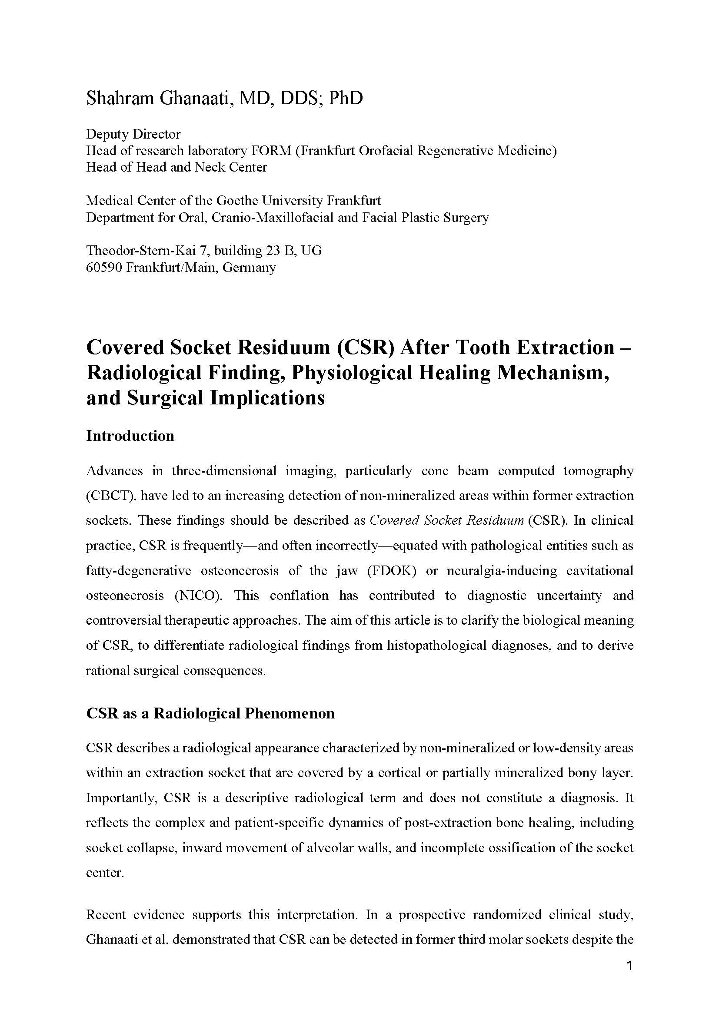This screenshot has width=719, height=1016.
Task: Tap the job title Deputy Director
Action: (x=133, y=134)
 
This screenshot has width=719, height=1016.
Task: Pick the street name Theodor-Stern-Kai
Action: (x=141, y=251)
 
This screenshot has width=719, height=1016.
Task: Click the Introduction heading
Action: (x=130, y=436)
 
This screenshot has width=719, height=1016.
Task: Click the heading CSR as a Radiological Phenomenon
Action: (x=210, y=714)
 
